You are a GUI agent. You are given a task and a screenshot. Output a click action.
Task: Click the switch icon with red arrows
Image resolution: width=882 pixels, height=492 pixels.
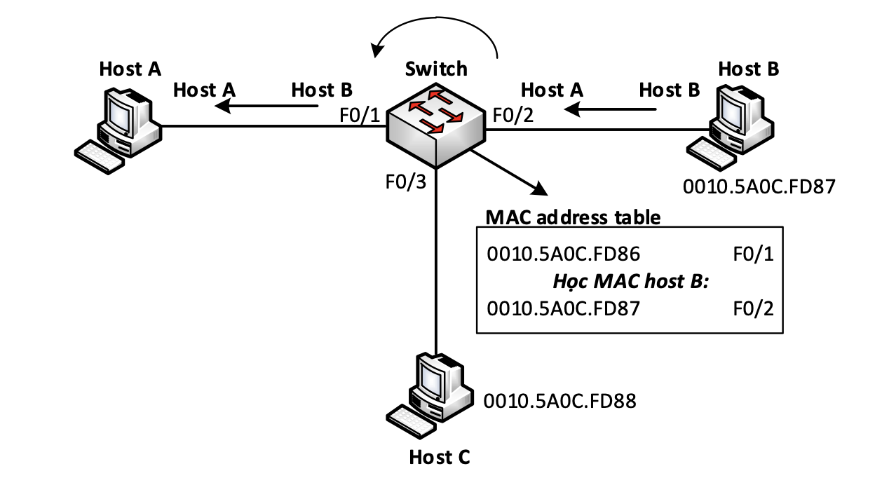436,125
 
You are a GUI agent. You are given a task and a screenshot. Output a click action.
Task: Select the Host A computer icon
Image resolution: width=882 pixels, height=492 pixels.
118,130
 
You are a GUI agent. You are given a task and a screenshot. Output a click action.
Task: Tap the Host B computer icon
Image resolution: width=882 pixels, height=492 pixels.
731,128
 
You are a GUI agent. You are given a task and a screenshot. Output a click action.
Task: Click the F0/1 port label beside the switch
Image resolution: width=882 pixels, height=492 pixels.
360,116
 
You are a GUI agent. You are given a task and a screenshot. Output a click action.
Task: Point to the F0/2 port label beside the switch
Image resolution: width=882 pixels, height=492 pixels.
513,116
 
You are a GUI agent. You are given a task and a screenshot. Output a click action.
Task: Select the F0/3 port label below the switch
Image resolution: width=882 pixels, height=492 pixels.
405,182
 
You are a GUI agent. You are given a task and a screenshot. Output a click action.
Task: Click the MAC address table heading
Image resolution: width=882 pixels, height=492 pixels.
573,217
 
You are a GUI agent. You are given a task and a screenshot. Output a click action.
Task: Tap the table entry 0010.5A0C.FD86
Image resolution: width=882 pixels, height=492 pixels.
564,254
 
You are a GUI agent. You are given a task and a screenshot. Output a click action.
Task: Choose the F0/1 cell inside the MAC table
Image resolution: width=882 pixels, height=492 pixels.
753,254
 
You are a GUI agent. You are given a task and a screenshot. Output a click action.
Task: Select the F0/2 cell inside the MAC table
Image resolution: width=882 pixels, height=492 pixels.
753,308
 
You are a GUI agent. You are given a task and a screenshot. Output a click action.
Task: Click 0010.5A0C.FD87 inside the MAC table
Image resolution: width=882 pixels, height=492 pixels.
564,308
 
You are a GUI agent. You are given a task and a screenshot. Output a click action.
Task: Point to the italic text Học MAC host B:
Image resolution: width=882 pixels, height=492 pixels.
631,282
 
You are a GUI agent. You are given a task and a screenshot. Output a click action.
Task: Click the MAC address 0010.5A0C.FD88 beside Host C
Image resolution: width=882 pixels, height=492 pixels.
559,401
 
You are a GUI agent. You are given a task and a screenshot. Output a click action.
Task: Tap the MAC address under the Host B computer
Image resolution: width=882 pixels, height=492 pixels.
759,186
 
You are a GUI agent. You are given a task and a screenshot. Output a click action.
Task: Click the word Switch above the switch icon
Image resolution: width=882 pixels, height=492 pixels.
436,69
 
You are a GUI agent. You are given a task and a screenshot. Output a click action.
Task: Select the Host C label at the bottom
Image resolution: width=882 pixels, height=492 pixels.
440,458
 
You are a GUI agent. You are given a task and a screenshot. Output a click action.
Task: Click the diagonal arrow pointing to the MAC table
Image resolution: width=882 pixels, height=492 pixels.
509,172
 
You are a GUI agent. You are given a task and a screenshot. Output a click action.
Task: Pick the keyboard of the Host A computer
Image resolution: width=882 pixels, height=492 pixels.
100,157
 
